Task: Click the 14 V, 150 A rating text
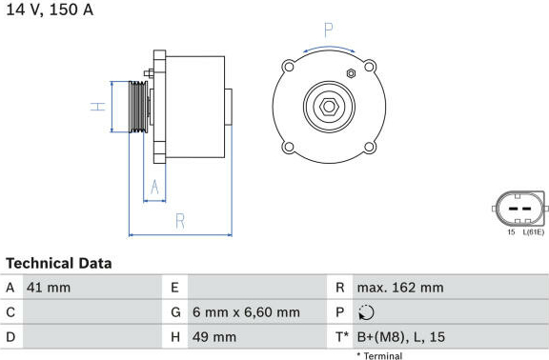pos(51,10)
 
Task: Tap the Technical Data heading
pos(59,264)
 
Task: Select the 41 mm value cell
pos(49,288)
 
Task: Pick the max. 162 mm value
pos(400,288)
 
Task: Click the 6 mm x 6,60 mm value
pos(246,312)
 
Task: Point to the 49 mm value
pos(214,337)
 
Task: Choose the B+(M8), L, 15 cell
pos(401,337)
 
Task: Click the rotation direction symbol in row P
pos(366,312)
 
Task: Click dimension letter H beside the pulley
pos(97,107)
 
